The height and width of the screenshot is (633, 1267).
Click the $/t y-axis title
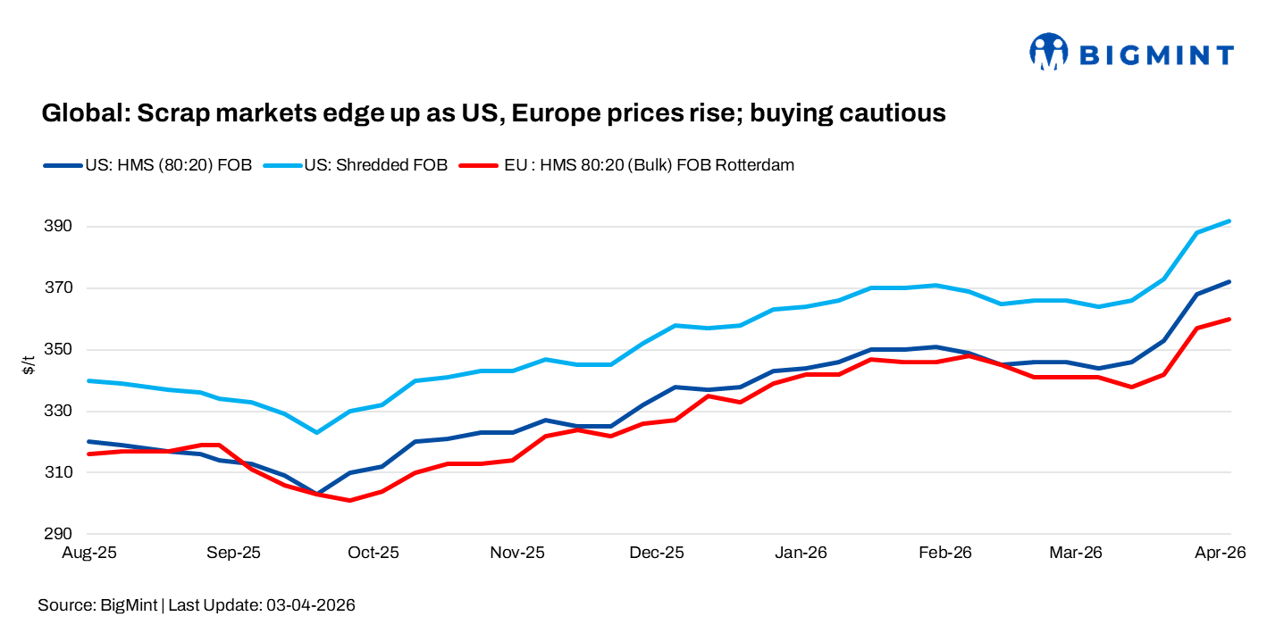click(x=29, y=364)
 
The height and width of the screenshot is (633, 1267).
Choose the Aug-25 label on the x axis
click(x=88, y=554)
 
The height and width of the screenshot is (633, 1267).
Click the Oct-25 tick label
click(x=373, y=554)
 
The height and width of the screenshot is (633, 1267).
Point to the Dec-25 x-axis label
click(x=657, y=554)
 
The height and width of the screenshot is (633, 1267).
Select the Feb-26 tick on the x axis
click(x=945, y=554)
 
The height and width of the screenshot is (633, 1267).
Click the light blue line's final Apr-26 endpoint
click(x=1230, y=221)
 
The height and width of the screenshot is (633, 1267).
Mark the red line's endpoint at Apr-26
click(x=1230, y=319)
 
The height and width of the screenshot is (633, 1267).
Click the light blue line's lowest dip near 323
click(x=316, y=432)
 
